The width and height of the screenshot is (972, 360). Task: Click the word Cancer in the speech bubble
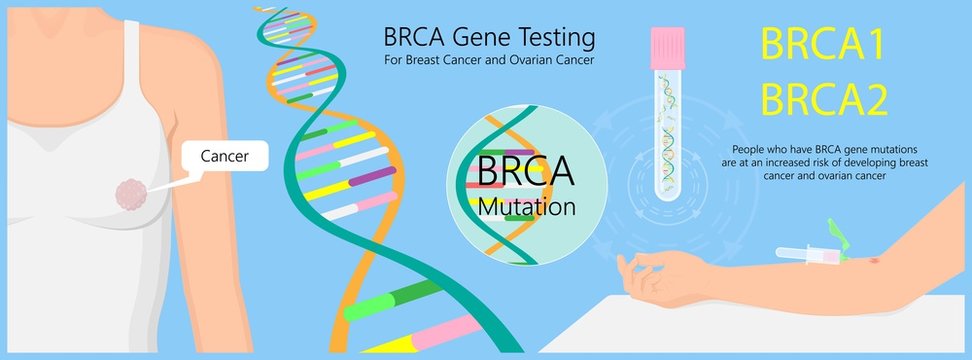(224, 156)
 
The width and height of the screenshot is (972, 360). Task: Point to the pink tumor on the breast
(131, 194)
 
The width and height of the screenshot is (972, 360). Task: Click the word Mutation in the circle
(526, 208)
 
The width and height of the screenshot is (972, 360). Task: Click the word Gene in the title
(479, 38)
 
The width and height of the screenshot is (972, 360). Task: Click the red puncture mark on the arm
(877, 263)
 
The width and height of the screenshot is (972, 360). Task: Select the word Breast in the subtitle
(428, 60)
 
